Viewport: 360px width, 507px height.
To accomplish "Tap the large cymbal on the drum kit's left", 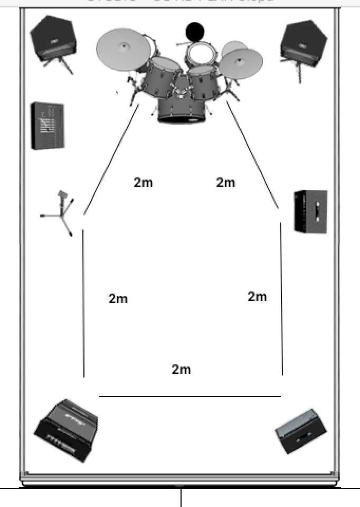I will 124,49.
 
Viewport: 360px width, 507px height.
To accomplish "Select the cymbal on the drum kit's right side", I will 241,63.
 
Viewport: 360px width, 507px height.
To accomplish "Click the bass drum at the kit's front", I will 181,109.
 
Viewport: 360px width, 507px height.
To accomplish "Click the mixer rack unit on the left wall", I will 48,125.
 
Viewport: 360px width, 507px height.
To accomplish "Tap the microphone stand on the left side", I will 61,212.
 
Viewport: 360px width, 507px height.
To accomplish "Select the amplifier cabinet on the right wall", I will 310,211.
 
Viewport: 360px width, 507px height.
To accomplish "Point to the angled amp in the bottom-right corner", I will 299,431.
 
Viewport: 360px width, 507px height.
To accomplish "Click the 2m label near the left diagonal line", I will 143,183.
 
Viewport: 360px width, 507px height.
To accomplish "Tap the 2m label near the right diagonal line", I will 225,183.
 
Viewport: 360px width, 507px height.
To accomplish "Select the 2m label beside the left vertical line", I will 118,298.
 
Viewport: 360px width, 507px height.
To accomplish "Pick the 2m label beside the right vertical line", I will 257,297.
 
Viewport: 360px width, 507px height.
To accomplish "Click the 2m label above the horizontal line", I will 181,369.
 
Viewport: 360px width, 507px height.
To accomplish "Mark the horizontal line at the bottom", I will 190,396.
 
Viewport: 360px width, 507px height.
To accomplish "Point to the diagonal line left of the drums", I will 111,159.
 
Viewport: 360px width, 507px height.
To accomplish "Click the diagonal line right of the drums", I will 253,155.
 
